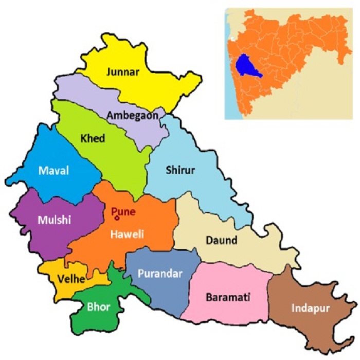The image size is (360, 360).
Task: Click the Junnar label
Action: [122, 72]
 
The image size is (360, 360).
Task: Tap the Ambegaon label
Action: [132, 116]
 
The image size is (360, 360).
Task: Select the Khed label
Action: [93, 138]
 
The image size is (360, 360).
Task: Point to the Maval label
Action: [53, 171]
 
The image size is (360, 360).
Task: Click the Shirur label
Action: [180, 170]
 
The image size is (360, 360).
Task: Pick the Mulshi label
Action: [54, 220]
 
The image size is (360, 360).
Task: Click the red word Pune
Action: [123, 210]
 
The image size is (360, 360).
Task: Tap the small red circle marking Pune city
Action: [117, 219]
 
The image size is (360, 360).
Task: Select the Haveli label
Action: [128, 235]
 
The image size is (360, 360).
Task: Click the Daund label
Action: [221, 240]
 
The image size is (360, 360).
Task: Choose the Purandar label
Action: [160, 274]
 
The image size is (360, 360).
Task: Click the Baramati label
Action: [228, 297]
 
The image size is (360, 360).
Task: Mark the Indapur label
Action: [310, 309]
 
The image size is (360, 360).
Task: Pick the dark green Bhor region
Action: [98, 319]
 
